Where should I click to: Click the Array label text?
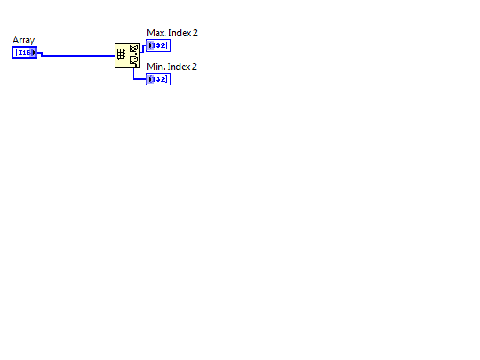(x=24, y=41)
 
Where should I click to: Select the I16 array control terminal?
(x=24, y=53)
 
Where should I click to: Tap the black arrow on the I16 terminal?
(x=34, y=53)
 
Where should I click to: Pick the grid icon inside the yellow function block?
(x=122, y=55)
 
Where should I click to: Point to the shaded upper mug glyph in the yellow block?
(x=133, y=49)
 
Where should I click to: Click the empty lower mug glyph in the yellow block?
(x=133, y=60)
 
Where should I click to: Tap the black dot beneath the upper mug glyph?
(x=136, y=53)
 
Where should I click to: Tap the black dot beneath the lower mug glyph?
(x=136, y=65)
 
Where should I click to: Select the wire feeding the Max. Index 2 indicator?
(x=143, y=49)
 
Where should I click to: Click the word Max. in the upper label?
(x=154, y=33)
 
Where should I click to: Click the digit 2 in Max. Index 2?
(x=195, y=33)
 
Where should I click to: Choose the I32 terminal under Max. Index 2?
(x=158, y=45)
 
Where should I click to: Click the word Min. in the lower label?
(x=154, y=67)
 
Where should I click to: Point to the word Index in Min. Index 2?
(x=176, y=67)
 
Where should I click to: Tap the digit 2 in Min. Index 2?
(x=194, y=67)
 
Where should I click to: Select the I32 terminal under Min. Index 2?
(x=158, y=79)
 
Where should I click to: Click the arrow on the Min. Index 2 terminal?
(x=151, y=79)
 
